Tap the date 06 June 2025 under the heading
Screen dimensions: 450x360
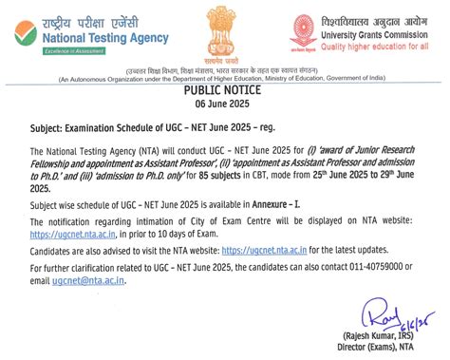(x=225, y=104)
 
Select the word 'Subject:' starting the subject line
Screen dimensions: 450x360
(x=49, y=126)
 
